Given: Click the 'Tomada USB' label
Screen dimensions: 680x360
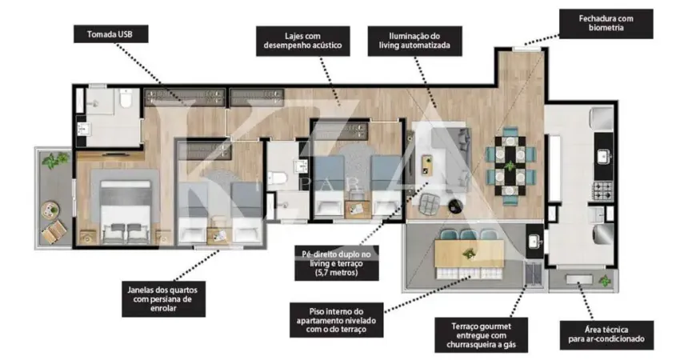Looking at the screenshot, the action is tap(110, 34).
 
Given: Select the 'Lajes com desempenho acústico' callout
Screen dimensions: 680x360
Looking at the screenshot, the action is tap(302, 41).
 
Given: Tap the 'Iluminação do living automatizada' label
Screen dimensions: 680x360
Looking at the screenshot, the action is tap(414, 41).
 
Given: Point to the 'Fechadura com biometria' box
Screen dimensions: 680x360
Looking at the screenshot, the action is tap(606, 23).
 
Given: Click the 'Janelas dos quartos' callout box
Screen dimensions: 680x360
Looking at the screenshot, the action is tap(163, 299).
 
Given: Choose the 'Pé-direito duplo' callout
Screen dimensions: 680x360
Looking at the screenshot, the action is tap(337, 263).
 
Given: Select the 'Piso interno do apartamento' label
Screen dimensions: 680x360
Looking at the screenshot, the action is tap(337, 320).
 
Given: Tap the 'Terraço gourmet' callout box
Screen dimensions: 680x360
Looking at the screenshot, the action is tap(482, 335).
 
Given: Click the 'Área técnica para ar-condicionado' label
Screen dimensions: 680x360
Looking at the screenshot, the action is tap(606, 334).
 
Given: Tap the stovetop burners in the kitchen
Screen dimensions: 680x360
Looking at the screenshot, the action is tap(603, 190).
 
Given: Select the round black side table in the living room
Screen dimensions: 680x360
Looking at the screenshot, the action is tap(455, 206).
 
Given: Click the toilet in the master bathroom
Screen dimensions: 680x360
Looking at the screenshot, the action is tap(126, 99).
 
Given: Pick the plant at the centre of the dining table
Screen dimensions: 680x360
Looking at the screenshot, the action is tap(510, 166).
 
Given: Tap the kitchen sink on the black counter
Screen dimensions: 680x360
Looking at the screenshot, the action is tap(603, 156).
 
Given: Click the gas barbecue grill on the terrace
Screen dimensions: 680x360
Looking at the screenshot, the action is tap(533, 274).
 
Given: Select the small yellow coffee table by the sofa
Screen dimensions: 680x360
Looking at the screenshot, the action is tap(427, 165).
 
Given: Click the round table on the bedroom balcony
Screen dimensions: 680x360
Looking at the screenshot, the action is tap(50, 210).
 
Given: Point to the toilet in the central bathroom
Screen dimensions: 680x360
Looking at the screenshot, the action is tap(277, 178).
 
